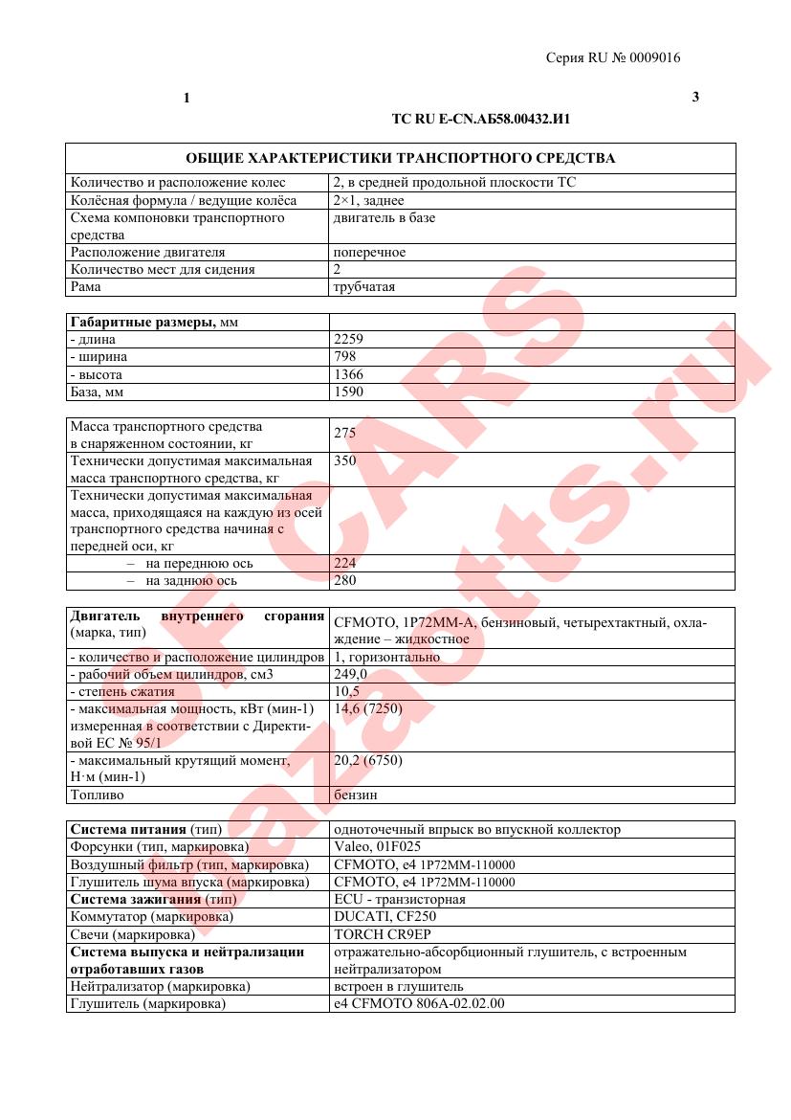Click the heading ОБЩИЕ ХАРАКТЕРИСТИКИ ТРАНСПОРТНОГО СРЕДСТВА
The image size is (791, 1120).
click(400, 158)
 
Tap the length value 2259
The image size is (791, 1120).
click(348, 339)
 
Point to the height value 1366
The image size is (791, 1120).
click(348, 375)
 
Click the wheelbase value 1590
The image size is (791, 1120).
click(348, 392)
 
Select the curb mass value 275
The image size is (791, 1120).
click(344, 433)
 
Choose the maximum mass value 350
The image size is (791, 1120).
click(344, 460)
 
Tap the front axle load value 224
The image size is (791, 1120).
click(344, 564)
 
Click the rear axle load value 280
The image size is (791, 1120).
click(344, 581)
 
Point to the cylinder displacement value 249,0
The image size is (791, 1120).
click(350, 674)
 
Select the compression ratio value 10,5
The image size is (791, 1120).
click(346, 691)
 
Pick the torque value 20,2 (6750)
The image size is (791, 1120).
click(368, 760)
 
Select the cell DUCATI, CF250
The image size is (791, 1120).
click(378, 916)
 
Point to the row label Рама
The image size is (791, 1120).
click(85, 286)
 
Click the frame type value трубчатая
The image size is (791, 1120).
click(363, 286)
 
